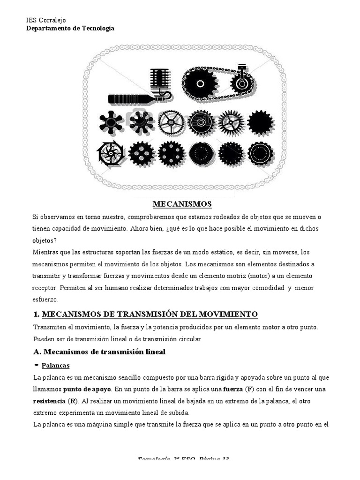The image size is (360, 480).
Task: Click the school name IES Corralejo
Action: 45,20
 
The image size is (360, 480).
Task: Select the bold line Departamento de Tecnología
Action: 69,28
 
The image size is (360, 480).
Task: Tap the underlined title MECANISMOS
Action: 182,204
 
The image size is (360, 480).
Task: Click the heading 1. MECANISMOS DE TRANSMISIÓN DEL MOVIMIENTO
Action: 150,314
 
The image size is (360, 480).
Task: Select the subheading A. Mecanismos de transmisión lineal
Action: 99,352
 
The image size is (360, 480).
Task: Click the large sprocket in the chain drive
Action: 200,84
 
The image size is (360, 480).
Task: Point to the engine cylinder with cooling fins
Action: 159,82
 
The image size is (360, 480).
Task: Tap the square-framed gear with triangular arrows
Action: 111,153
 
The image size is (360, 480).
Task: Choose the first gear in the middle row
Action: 111,123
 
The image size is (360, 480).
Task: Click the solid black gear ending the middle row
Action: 260,123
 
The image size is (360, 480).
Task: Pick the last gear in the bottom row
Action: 260,153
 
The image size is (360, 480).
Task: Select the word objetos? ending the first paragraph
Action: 44,240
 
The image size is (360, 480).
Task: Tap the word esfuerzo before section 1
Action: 45,299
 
